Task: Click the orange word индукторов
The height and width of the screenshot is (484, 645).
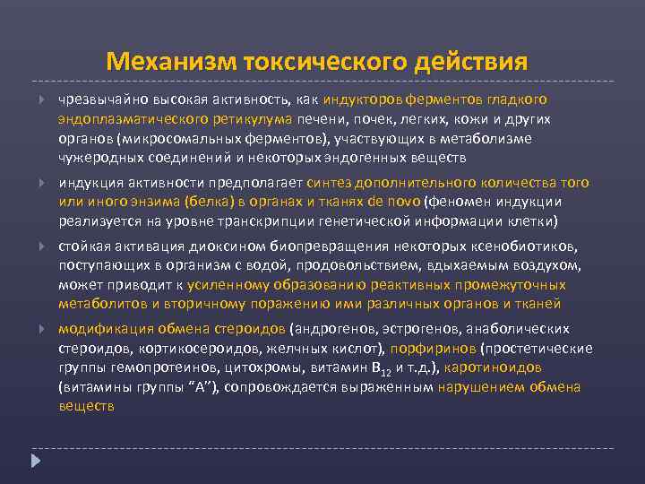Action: pyautogui.click(x=362, y=99)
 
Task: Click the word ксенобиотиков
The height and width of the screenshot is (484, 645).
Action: pyautogui.click(x=514, y=246)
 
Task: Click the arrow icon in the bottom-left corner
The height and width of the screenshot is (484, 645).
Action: pyautogui.click(x=36, y=461)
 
